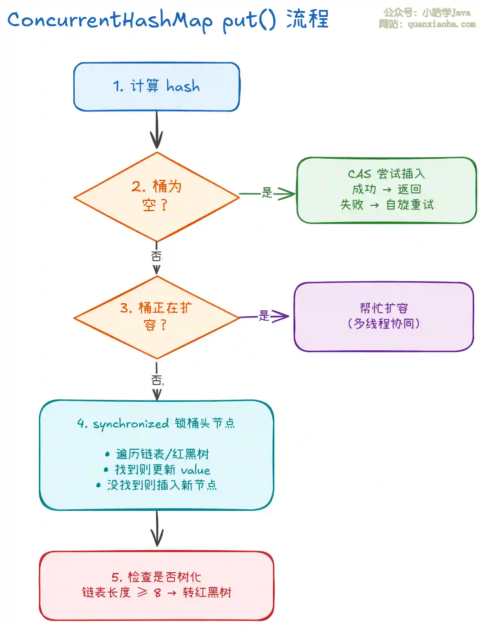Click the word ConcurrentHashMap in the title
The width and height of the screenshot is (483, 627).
pyautogui.click(x=110, y=20)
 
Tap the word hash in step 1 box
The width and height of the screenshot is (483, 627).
pyautogui.click(x=183, y=86)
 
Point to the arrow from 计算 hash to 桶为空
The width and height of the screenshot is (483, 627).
pyautogui.click(x=157, y=131)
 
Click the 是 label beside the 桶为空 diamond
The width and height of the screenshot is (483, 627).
pyautogui.click(x=267, y=192)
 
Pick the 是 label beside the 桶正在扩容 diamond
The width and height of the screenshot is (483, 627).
pyautogui.click(x=264, y=316)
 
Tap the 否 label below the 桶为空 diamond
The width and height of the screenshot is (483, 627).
pyautogui.click(x=156, y=256)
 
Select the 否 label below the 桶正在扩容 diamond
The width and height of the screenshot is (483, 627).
pyautogui.click(x=157, y=380)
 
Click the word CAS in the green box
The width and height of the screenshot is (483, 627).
pyautogui.click(x=359, y=174)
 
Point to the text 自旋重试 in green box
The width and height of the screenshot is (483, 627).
pyautogui.click(x=410, y=205)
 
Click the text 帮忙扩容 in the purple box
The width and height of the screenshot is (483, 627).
pyautogui.click(x=384, y=308)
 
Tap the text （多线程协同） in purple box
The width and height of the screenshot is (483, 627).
pyautogui.click(x=384, y=323)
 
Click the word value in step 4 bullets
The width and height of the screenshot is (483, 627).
pyautogui.click(x=196, y=470)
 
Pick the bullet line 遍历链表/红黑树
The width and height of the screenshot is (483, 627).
pyautogui.click(x=162, y=454)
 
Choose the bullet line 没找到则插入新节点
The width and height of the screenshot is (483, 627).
pyautogui.click(x=161, y=485)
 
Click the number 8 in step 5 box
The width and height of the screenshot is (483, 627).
pyautogui.click(x=157, y=593)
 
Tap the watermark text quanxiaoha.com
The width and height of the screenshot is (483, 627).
pyautogui.click(x=442, y=24)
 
